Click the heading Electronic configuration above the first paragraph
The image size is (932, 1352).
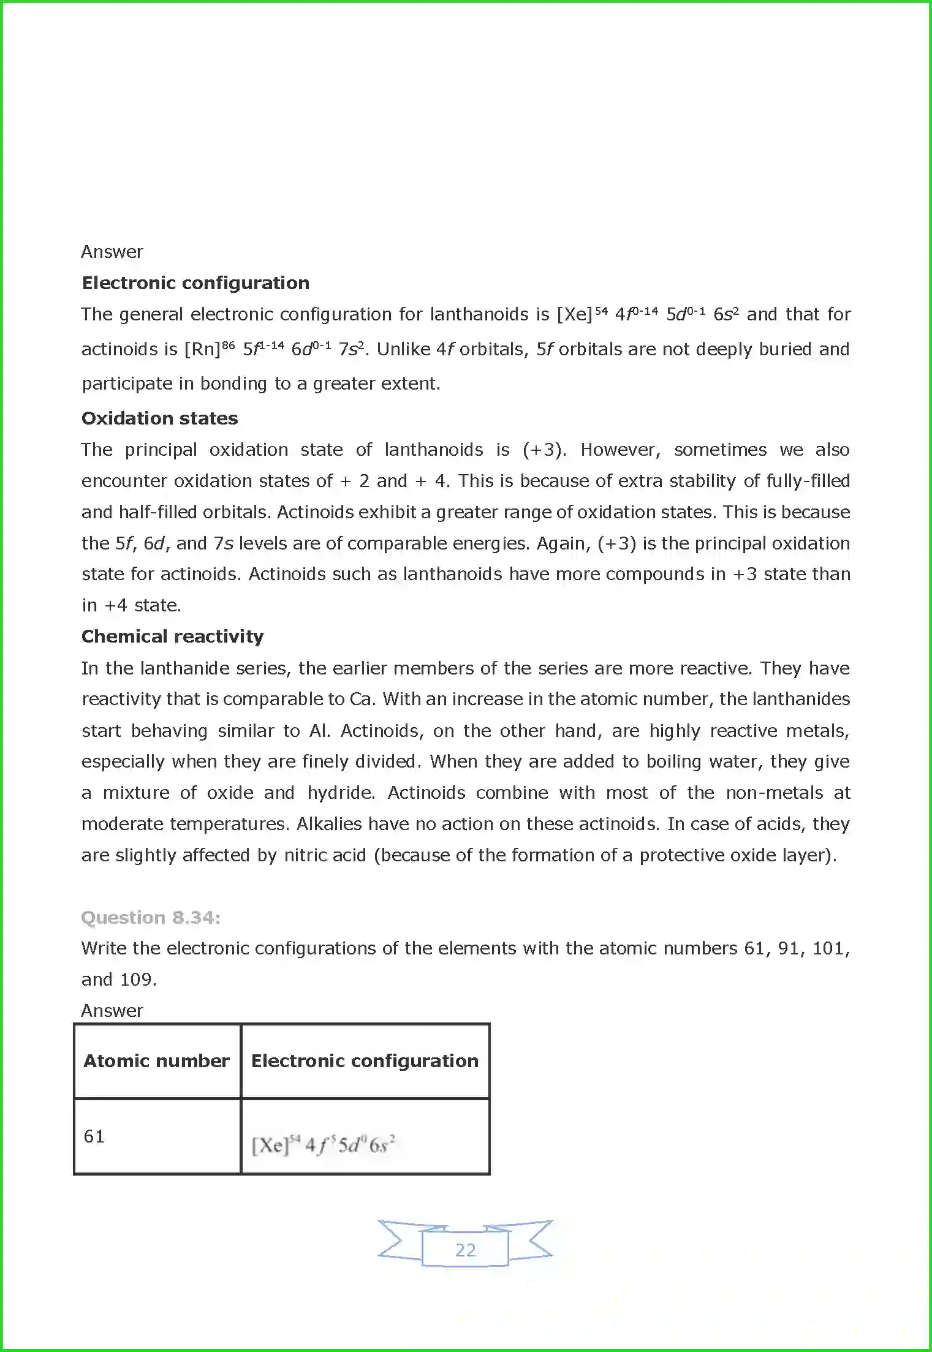point(195,283)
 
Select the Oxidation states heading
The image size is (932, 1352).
point(159,418)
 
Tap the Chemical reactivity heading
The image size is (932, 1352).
point(172,636)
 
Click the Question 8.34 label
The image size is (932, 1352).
point(151,918)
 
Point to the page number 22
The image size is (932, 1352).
point(465,1250)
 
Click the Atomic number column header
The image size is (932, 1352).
point(156,1061)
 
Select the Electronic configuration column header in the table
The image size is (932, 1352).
point(365,1061)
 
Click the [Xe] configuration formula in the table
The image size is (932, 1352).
point(323,1144)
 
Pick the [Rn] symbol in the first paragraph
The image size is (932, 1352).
point(202,350)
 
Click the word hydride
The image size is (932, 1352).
point(341,793)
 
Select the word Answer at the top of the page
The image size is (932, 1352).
point(112,252)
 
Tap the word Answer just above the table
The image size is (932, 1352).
point(112,1011)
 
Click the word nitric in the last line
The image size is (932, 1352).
point(305,855)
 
